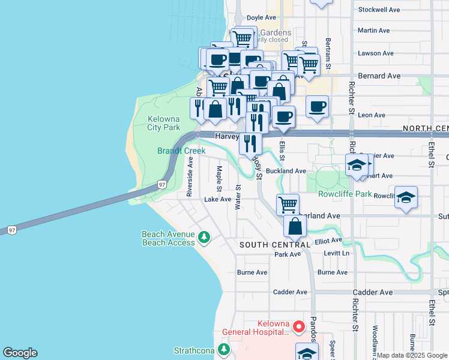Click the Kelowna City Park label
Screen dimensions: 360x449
click(x=164, y=122)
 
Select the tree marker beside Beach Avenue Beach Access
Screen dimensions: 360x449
click(x=205, y=238)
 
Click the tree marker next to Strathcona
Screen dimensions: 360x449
click(x=224, y=349)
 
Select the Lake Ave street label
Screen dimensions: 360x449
click(x=217, y=199)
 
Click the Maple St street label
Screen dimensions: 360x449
click(x=220, y=176)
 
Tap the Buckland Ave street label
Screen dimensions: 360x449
click(x=286, y=171)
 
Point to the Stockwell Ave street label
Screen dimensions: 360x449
click(x=379, y=10)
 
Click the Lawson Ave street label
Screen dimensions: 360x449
click(x=375, y=53)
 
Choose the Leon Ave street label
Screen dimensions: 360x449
click(x=371, y=115)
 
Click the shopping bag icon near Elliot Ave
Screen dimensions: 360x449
click(x=295, y=226)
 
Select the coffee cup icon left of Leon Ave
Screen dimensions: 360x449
click(x=317, y=106)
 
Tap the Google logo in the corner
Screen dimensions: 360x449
click(x=20, y=353)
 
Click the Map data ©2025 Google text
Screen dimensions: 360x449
click(x=412, y=355)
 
